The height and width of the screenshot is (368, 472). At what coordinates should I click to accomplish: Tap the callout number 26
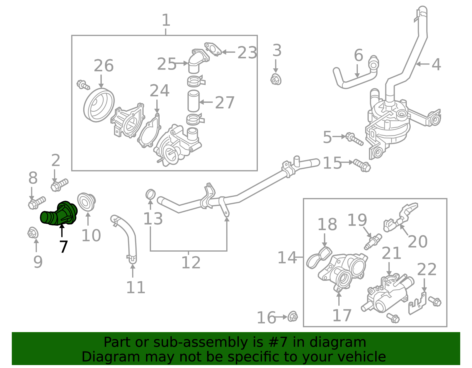(x=104, y=66)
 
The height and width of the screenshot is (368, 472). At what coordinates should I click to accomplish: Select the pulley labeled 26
(x=99, y=105)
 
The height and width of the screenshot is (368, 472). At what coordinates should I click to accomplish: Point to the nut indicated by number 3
(x=276, y=79)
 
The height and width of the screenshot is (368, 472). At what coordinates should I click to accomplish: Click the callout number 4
(x=436, y=64)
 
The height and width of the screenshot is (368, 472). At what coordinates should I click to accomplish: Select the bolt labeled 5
(x=354, y=139)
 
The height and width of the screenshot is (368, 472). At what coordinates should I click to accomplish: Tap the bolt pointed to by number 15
(x=362, y=165)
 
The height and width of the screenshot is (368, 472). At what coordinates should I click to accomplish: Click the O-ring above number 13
(x=150, y=194)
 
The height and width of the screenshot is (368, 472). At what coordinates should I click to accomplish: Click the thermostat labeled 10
(x=86, y=202)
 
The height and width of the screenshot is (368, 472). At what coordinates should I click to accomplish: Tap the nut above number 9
(x=33, y=233)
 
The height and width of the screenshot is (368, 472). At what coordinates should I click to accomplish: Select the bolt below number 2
(x=59, y=185)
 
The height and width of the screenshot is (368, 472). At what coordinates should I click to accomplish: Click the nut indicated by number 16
(x=292, y=316)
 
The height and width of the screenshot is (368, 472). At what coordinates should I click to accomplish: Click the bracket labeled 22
(x=417, y=303)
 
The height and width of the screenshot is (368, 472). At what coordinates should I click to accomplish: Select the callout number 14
(x=287, y=258)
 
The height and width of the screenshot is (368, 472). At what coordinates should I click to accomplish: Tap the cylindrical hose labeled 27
(x=194, y=101)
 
